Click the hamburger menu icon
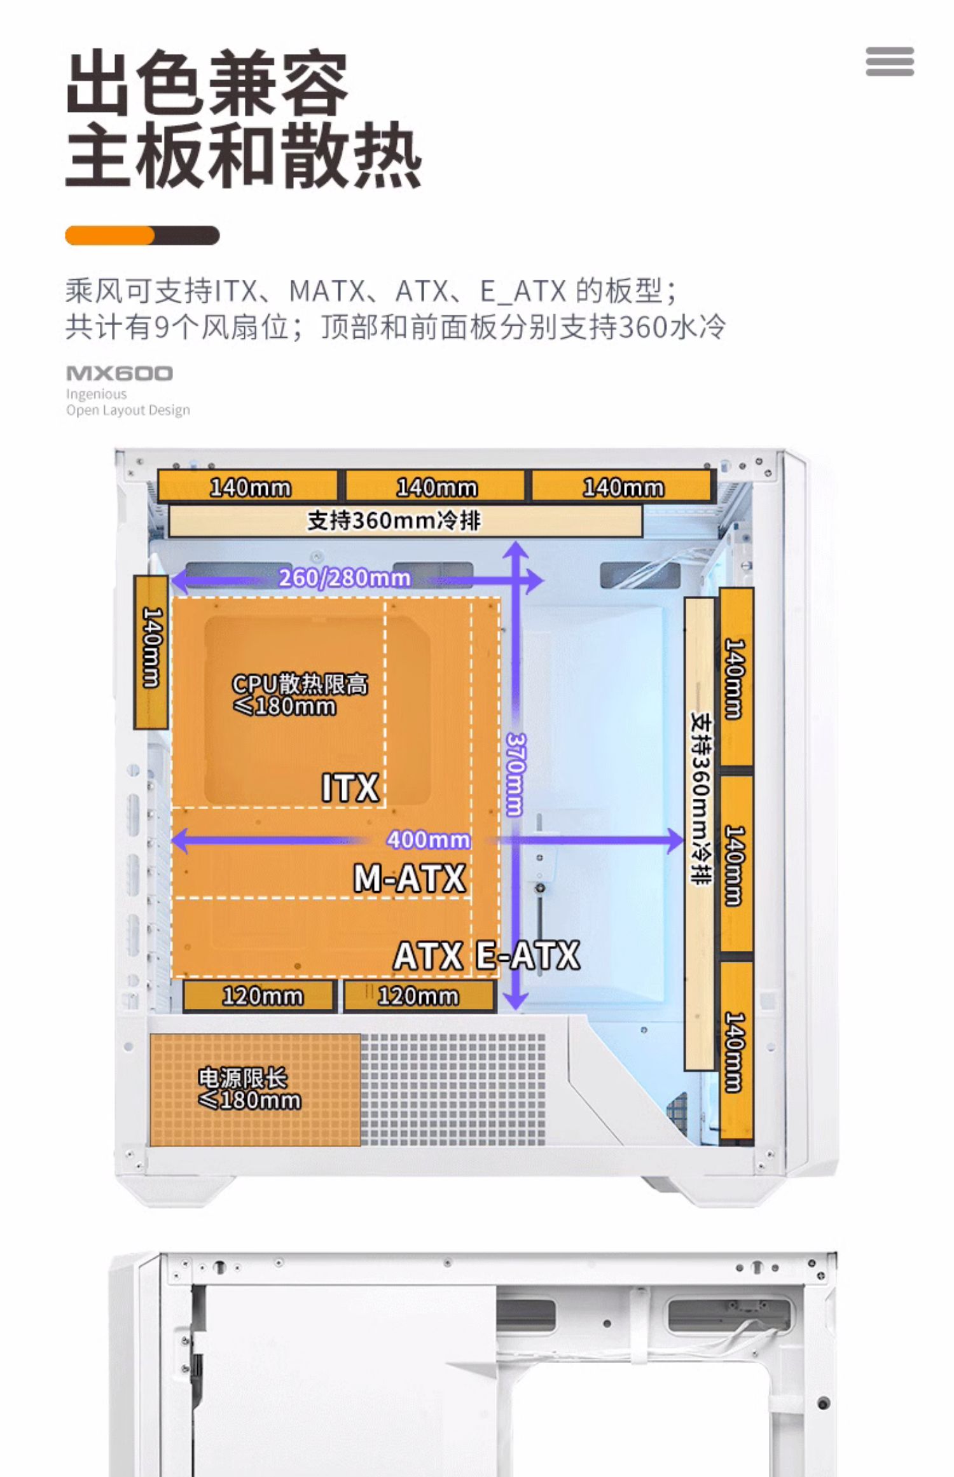coord(889,62)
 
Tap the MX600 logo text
coord(120,373)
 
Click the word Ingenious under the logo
coord(96,394)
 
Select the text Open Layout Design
coord(128,410)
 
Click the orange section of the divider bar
coord(109,235)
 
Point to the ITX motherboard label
coord(350,788)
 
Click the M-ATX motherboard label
coord(410,878)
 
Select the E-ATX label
coord(528,955)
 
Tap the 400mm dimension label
coord(429,840)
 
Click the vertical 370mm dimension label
coord(515,774)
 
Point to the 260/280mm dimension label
coord(344,578)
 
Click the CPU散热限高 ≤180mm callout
coord(299,695)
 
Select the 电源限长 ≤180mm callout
coord(249,1088)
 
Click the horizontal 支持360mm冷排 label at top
coord(394,520)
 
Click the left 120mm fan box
coord(259,995)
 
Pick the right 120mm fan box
coord(418,995)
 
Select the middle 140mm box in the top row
coord(436,487)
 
